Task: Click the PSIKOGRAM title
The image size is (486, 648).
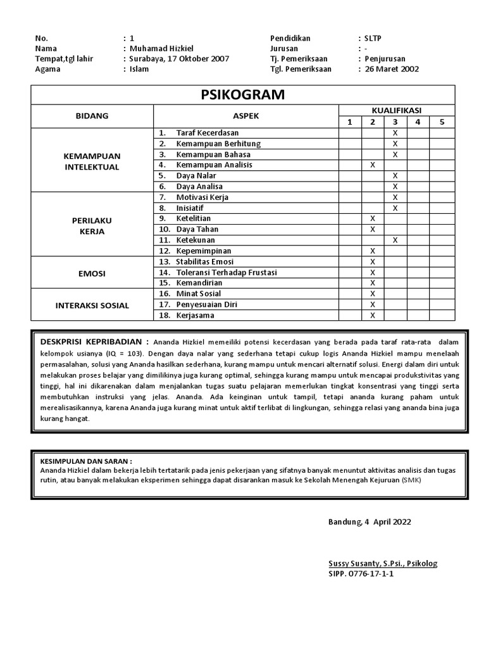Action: click(242, 95)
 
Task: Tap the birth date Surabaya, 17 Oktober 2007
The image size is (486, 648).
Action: click(180, 59)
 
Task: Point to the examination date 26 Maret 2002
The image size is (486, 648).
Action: click(392, 69)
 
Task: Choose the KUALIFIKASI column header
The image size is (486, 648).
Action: click(396, 110)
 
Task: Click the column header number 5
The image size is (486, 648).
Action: click(442, 121)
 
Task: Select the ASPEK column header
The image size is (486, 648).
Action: click(246, 116)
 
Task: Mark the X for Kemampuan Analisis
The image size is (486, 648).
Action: click(373, 165)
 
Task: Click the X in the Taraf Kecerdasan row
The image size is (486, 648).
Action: click(395, 133)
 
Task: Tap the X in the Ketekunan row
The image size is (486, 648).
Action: click(395, 240)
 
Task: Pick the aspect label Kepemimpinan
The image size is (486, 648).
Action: click(204, 251)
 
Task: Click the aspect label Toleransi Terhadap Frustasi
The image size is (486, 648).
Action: click(227, 273)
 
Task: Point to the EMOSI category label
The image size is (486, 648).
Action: click(92, 273)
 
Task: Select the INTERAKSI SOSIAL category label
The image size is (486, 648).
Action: click(92, 305)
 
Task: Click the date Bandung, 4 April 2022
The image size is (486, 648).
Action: click(369, 522)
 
